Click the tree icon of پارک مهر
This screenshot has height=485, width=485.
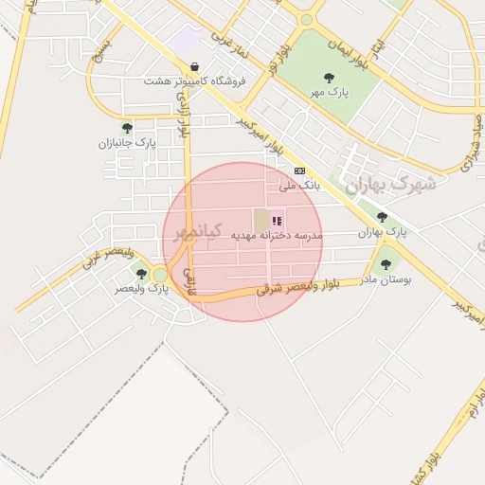point(329,78)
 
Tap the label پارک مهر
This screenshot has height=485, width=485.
point(329,94)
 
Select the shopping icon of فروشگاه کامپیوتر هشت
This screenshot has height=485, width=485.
point(194,67)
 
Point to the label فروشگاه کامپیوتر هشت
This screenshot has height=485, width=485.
point(194,81)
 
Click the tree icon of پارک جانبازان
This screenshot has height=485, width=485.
point(127,128)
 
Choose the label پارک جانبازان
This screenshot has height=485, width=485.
point(126,143)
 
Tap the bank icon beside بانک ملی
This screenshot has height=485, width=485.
point(300,171)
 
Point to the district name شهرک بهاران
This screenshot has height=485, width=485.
point(390,184)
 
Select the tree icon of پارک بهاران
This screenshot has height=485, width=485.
point(382,217)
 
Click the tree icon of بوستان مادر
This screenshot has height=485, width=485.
point(386,264)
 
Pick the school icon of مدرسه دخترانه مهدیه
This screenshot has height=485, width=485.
point(277,221)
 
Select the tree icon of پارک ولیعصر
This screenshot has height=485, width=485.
point(141,274)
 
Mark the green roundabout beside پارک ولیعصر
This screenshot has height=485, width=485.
point(160,275)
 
